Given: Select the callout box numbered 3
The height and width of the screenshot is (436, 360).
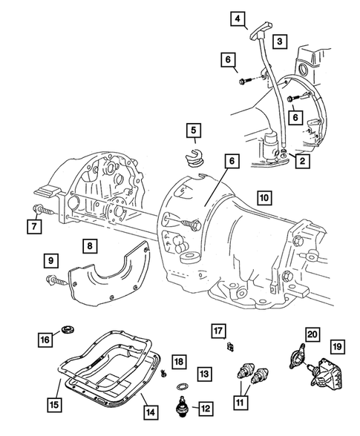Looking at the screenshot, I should (279, 42).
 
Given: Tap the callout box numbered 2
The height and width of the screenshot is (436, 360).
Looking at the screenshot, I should (301, 159).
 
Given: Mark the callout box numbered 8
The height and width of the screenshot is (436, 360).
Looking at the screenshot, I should (88, 246).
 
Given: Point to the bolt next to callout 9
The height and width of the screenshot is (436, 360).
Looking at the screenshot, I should (57, 280).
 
